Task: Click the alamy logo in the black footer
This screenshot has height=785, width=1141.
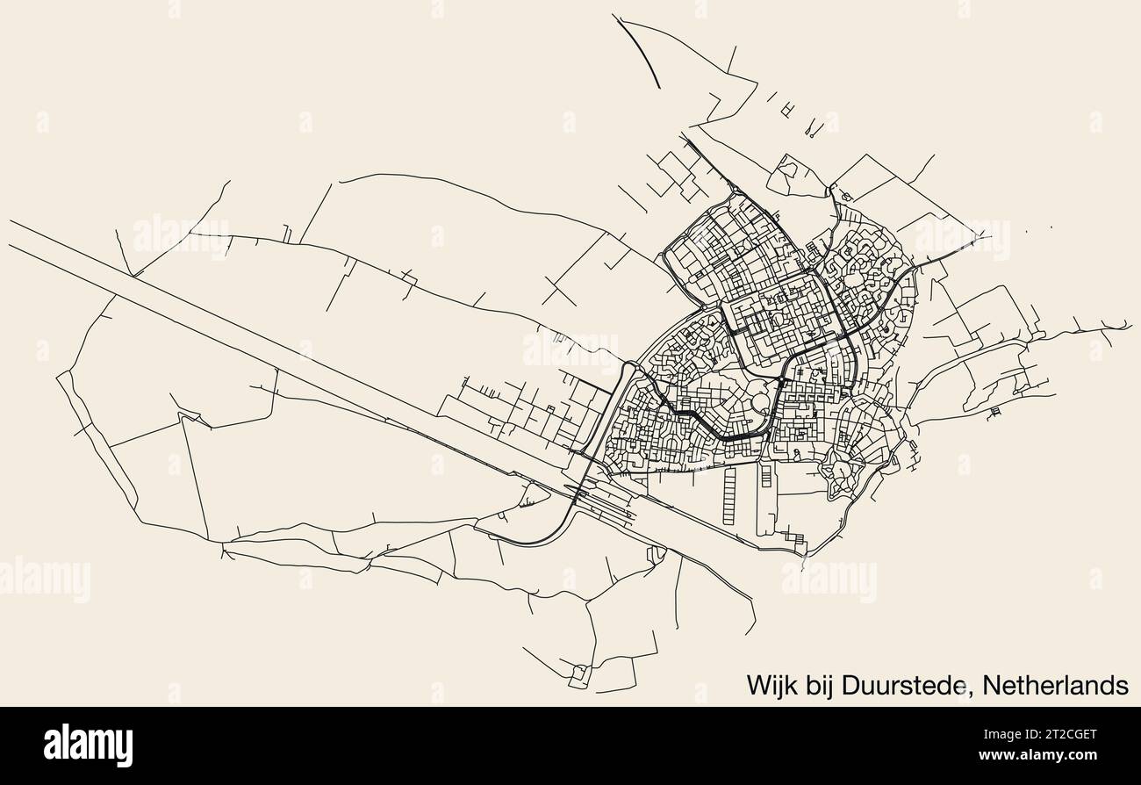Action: click(88, 745)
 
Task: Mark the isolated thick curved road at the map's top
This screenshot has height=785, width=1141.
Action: click(642, 48)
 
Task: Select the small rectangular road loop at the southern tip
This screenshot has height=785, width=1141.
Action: click(578, 676)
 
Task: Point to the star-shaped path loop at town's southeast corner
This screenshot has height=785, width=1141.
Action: click(841, 474)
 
